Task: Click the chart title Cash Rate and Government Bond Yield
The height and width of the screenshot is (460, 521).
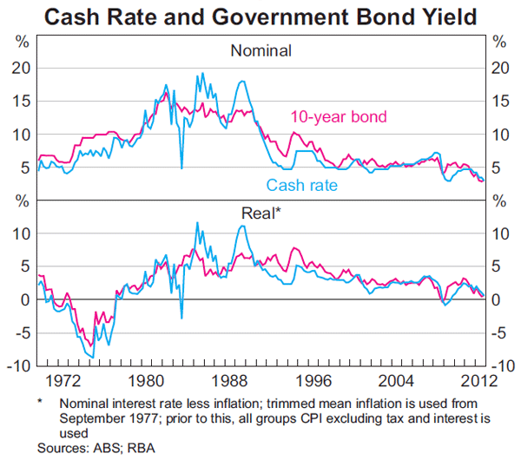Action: click(260, 16)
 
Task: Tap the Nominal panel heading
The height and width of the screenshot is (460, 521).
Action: click(260, 50)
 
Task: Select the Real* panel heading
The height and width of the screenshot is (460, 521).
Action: click(260, 213)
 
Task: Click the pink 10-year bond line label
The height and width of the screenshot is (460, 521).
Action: click(338, 116)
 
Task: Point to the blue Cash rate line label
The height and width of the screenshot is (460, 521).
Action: click(301, 185)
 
